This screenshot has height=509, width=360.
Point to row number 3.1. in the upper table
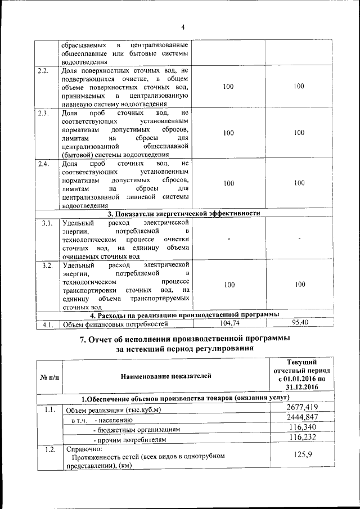[x=47, y=223]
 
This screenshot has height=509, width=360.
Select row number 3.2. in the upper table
[x=47, y=265]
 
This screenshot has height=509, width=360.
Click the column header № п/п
[x=49, y=376]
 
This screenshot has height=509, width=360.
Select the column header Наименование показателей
[x=166, y=376]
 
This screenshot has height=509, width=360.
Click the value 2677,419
[x=303, y=407]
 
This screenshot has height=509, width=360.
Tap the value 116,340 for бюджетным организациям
[x=304, y=427]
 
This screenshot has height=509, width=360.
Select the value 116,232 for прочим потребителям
[x=304, y=438]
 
